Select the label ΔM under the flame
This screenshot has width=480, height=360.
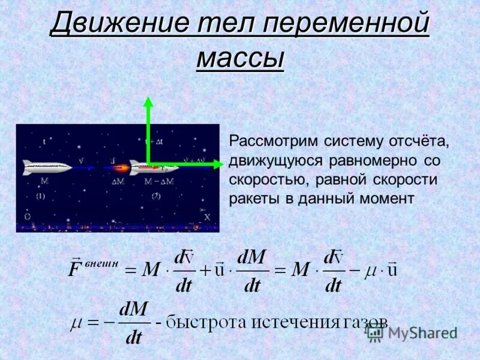tap(118, 181)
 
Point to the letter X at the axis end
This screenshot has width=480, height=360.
tap(207, 217)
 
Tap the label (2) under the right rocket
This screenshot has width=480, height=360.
tap(156, 196)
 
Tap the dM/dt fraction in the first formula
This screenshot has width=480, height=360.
tap(252, 271)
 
